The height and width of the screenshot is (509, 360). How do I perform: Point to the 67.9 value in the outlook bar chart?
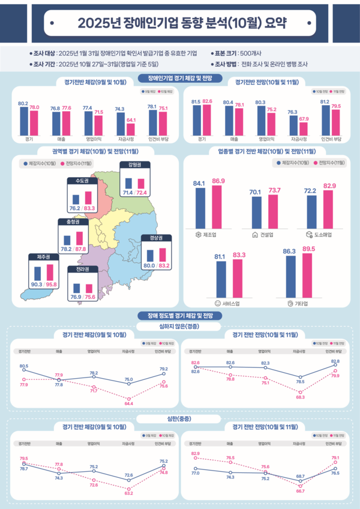pos(304,119)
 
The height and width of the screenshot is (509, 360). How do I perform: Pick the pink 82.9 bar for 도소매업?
pos(329,208)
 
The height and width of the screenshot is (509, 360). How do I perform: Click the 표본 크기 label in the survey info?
pos(224,52)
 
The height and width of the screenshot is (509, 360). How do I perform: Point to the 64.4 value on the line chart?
pos(128,404)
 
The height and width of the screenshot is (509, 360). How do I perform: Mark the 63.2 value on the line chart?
pos(128,493)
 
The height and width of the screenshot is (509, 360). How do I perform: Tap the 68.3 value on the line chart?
pos(299,397)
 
